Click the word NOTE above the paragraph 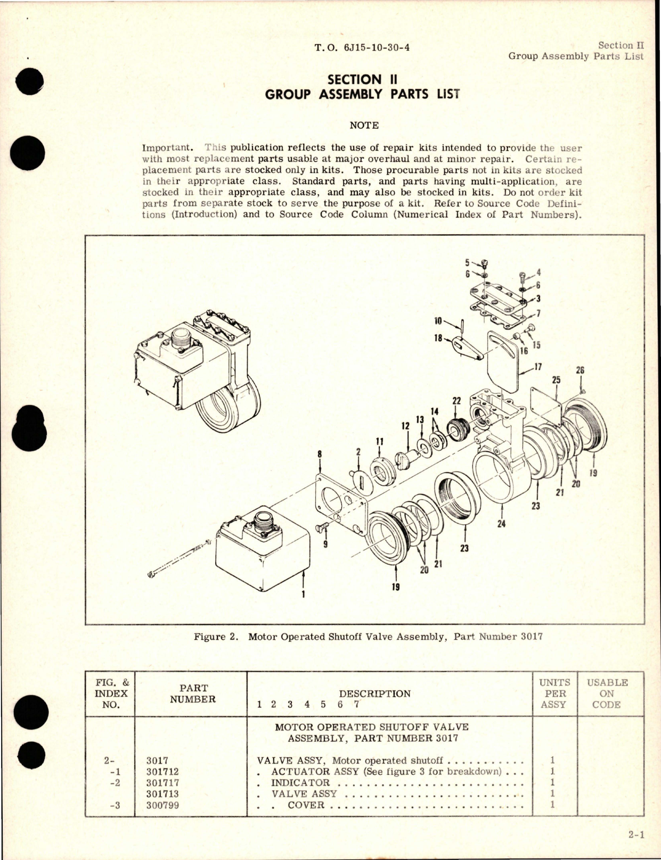tap(364, 126)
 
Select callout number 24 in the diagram tap(501, 524)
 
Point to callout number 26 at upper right tap(580, 371)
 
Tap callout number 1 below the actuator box tap(303, 594)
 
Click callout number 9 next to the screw tap(325, 544)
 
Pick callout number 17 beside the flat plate tap(538, 367)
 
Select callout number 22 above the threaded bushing tap(456, 401)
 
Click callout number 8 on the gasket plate tap(320, 454)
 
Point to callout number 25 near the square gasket tap(556, 380)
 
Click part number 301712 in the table tap(162, 772)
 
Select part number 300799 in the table tap(162, 805)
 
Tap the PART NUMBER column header tap(192, 693)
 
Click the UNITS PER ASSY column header tap(554, 693)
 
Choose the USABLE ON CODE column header tap(607, 693)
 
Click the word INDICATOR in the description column tap(300, 783)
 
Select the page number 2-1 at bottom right tap(636, 835)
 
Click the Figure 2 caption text tap(368, 636)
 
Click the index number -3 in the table tap(115, 805)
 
